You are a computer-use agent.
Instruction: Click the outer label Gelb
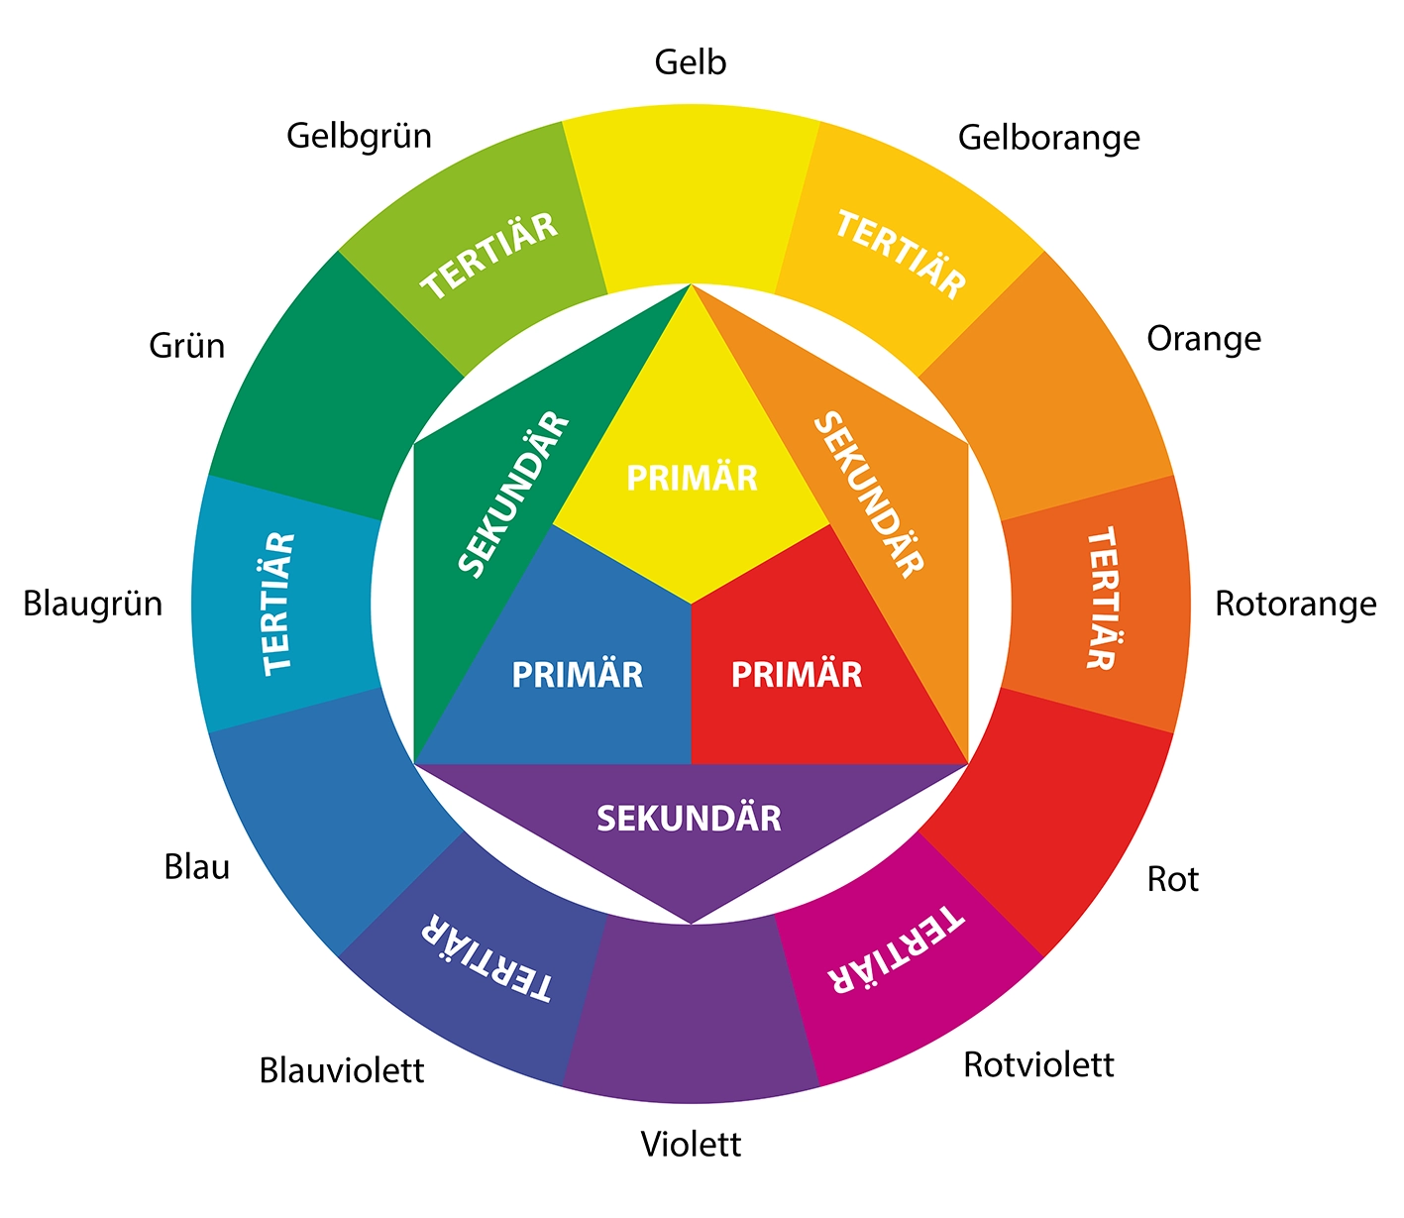[x=691, y=62]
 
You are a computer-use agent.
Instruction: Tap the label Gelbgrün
[x=359, y=136]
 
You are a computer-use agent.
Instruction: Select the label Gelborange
[x=1048, y=138]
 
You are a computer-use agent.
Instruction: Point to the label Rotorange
[x=1295, y=604]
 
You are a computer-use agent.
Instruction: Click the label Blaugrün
[x=92, y=604]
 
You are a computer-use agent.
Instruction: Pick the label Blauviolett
[x=341, y=1070]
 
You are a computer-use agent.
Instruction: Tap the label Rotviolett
[x=1038, y=1064]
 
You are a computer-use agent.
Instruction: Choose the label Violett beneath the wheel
[x=691, y=1145]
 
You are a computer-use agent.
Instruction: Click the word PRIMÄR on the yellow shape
[x=692, y=479]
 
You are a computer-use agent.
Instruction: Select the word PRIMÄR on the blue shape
[x=577, y=675]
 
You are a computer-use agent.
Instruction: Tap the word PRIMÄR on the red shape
[x=797, y=675]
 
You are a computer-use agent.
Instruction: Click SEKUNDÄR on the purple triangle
[x=689, y=819]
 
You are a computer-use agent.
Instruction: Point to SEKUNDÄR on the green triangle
[x=514, y=494]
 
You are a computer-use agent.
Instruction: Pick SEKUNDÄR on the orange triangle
[x=868, y=494]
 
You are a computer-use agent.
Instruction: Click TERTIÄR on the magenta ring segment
[x=896, y=948]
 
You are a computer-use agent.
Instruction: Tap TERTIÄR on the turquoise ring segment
[x=278, y=604]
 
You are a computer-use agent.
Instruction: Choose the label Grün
[x=186, y=346]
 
